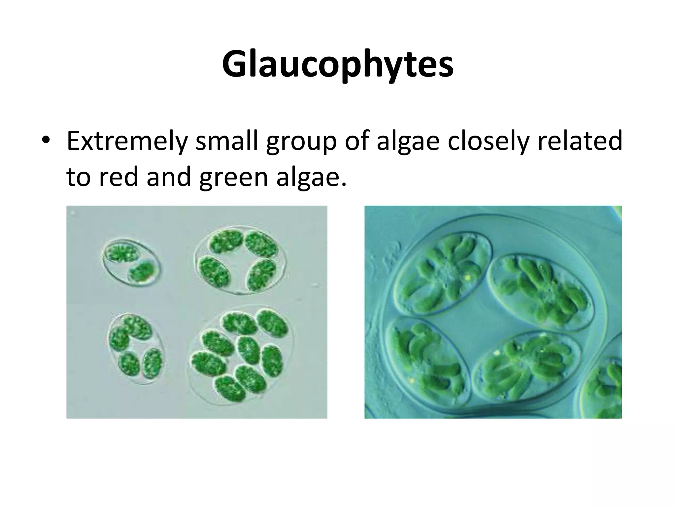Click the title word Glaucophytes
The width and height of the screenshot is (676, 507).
pos(338,64)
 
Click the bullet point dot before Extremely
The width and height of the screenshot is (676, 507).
pos(46,141)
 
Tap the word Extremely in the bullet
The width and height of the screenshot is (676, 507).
pos(126,141)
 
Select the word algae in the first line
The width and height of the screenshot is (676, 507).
pos(409,142)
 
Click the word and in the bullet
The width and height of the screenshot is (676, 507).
pos(169,177)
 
